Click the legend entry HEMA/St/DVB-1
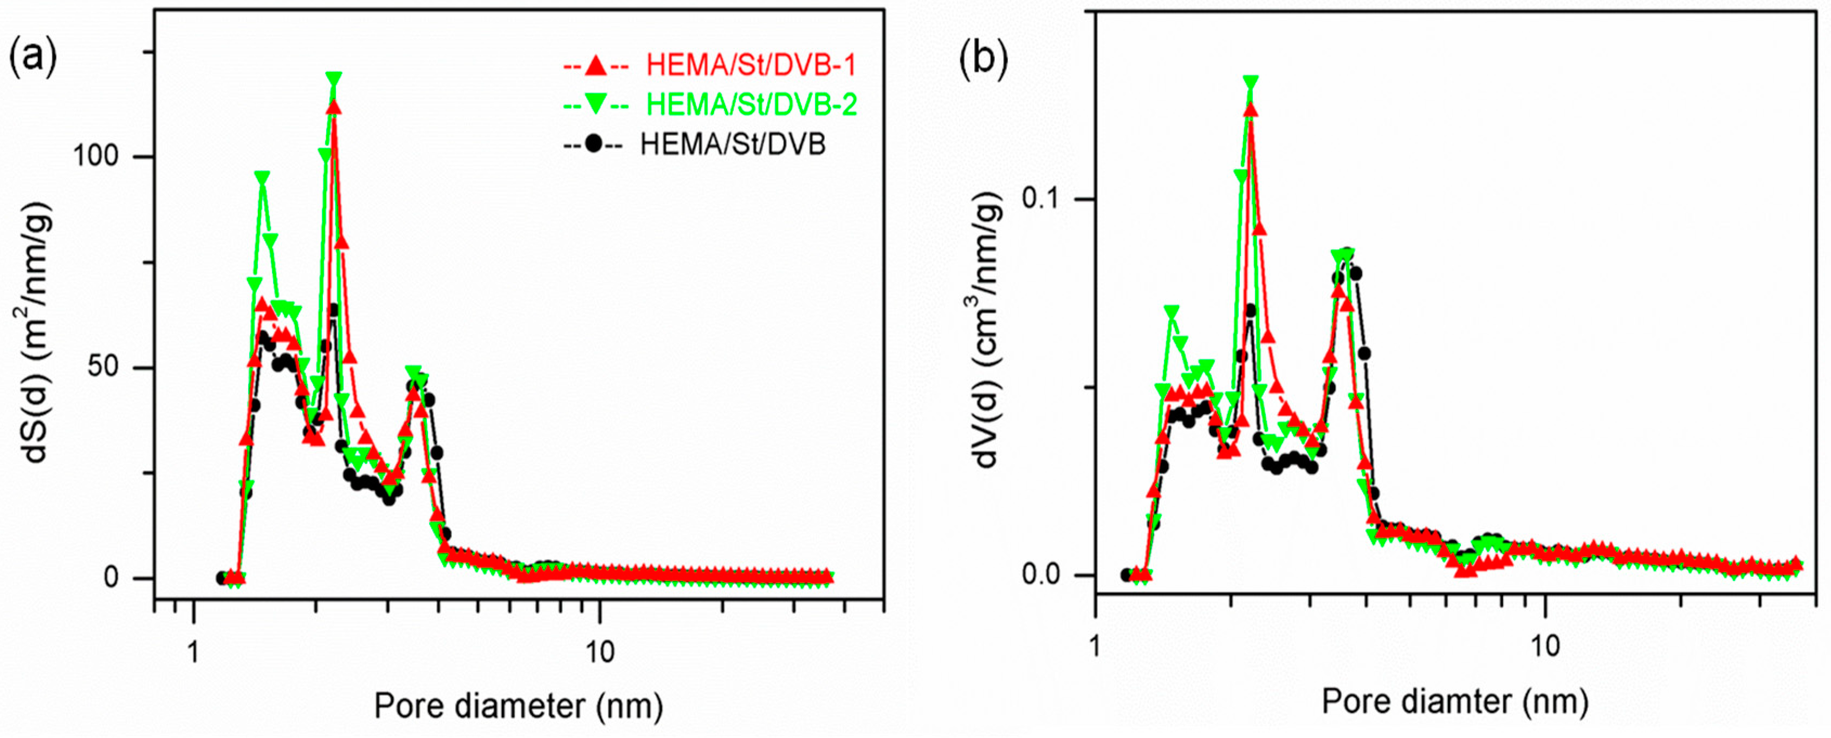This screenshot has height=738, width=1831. pos(750,66)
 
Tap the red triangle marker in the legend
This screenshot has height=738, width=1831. pos(596,66)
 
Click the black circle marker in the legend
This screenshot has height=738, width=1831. pos(593,145)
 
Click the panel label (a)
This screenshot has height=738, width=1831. pos(32,58)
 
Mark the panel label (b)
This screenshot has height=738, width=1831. pos(983,62)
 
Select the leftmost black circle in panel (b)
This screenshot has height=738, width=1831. pos(1127,574)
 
